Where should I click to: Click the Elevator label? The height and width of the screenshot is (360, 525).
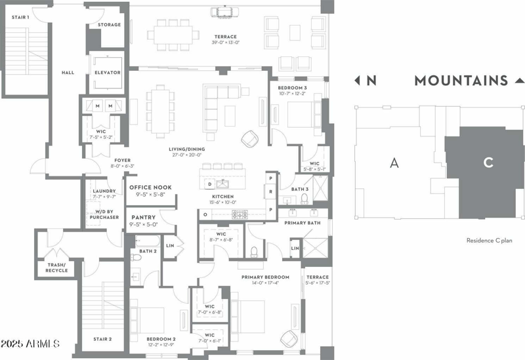(108, 73)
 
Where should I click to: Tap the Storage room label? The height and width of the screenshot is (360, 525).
(108, 25)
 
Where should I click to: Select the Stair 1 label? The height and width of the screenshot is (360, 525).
(20, 17)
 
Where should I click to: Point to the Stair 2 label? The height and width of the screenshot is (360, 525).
(102, 340)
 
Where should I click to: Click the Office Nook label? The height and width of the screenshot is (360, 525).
(151, 188)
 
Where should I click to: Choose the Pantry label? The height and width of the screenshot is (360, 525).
(143, 217)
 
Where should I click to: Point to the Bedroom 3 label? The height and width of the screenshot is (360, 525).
(292, 87)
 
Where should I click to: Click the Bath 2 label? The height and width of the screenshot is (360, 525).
(148, 251)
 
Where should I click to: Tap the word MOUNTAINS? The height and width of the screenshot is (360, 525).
(461, 81)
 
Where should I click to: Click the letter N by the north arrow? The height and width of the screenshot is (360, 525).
(371, 81)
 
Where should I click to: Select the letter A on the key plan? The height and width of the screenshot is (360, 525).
(394, 163)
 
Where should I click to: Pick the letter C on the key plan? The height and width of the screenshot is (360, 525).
(488, 163)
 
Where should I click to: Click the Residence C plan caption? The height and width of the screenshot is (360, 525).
(490, 241)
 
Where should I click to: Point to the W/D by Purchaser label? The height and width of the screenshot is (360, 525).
(104, 214)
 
